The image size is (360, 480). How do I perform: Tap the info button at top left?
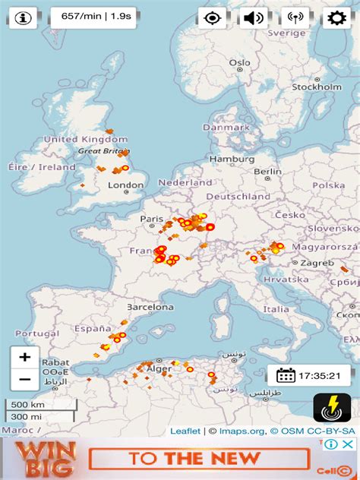pyautogui.click(x=24, y=17)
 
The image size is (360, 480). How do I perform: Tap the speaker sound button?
pyautogui.click(x=254, y=17)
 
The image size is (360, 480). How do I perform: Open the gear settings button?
pyautogui.click(x=336, y=17)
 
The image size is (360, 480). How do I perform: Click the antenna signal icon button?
pyautogui.click(x=295, y=17)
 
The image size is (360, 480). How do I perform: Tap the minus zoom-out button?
pyautogui.click(x=25, y=379)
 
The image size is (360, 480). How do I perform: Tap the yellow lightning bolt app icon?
pyautogui.click(x=332, y=409)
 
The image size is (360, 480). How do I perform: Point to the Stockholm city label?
pyautogui.click(x=317, y=87)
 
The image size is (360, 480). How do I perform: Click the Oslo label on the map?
pyautogui.click(x=239, y=63)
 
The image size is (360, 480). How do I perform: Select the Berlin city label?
pyautogui.click(x=267, y=172)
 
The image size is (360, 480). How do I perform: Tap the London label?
pyautogui.click(x=125, y=185)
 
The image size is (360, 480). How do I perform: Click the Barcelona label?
pyautogui.click(x=150, y=308)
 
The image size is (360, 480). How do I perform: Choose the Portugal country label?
pyautogui.click(x=36, y=333)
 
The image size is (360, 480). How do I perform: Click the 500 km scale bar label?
pyautogui.click(x=27, y=404)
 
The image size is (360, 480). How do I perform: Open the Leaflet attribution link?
pyautogui.click(x=185, y=431)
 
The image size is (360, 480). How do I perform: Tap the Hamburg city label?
pyautogui.click(x=232, y=159)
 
